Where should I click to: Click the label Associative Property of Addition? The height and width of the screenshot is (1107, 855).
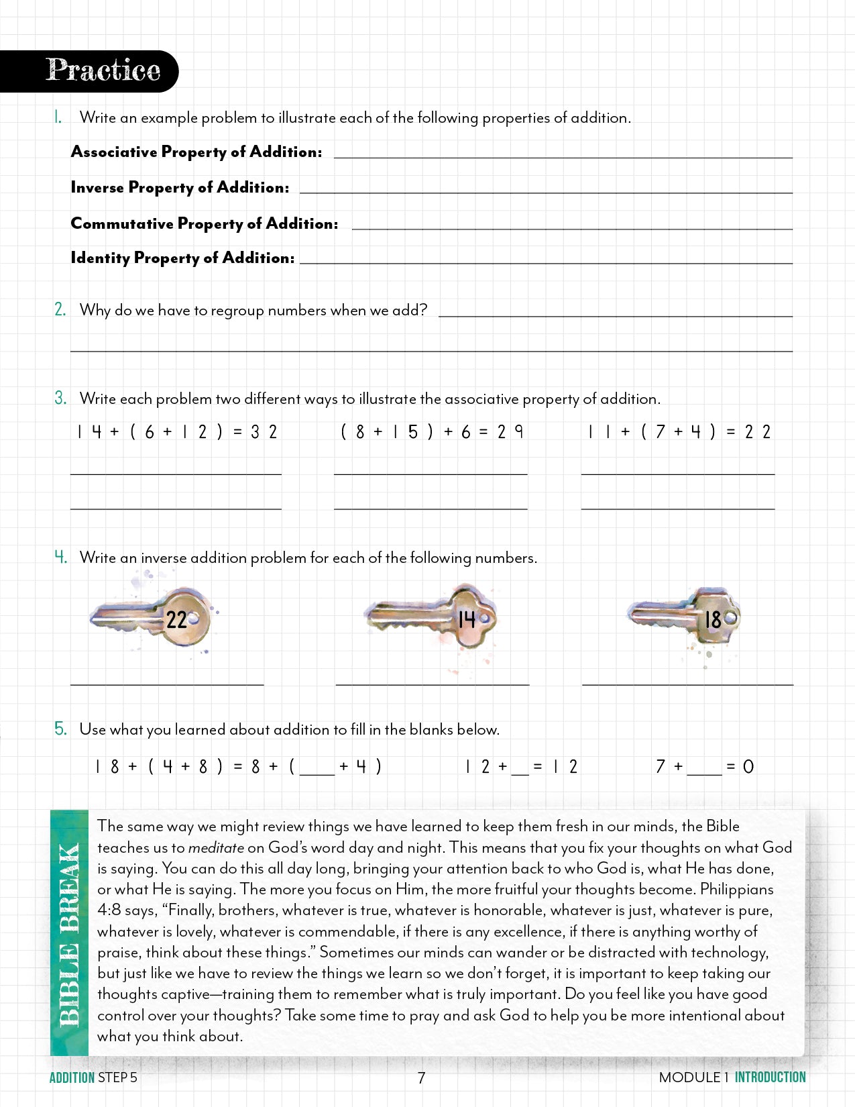[x=196, y=152]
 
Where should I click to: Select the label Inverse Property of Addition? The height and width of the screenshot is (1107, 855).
[x=180, y=188]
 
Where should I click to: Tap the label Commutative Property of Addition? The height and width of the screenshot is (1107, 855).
[x=204, y=223]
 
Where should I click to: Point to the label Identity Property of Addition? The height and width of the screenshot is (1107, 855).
[x=182, y=258]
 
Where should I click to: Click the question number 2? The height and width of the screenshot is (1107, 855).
[x=60, y=309]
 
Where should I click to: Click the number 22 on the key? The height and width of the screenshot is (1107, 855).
[x=176, y=619]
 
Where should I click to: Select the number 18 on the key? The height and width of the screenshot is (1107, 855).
[x=712, y=619]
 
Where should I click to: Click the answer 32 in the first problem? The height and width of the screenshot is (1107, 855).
[x=264, y=432]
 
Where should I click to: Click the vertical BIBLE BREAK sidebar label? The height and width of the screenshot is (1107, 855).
[x=69, y=935]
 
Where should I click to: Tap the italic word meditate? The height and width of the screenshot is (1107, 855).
[x=215, y=847]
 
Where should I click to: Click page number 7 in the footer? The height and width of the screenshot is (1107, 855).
[x=421, y=1077]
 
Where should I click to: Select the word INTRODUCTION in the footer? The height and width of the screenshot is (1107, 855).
[x=770, y=1077]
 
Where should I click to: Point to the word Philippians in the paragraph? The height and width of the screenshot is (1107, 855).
[x=736, y=890]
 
